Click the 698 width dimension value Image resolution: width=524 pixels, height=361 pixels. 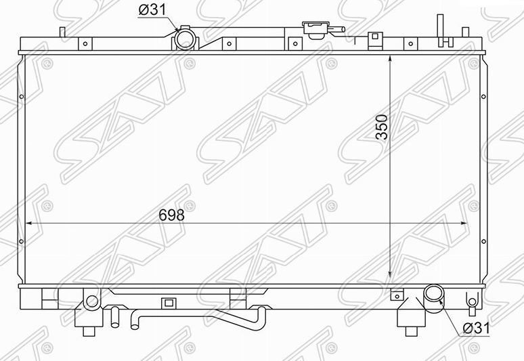click(x=171, y=215)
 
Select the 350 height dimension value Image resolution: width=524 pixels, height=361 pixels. click(x=382, y=127)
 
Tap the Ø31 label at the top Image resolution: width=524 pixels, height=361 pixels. click(x=152, y=10)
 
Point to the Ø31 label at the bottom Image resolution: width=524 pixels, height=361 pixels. click(x=477, y=328)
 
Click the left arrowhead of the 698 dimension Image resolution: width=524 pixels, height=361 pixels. click(x=28, y=223)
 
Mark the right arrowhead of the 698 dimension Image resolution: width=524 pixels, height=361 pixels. click(x=464, y=223)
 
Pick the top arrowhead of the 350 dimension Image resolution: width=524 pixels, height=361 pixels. click(x=390, y=59)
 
